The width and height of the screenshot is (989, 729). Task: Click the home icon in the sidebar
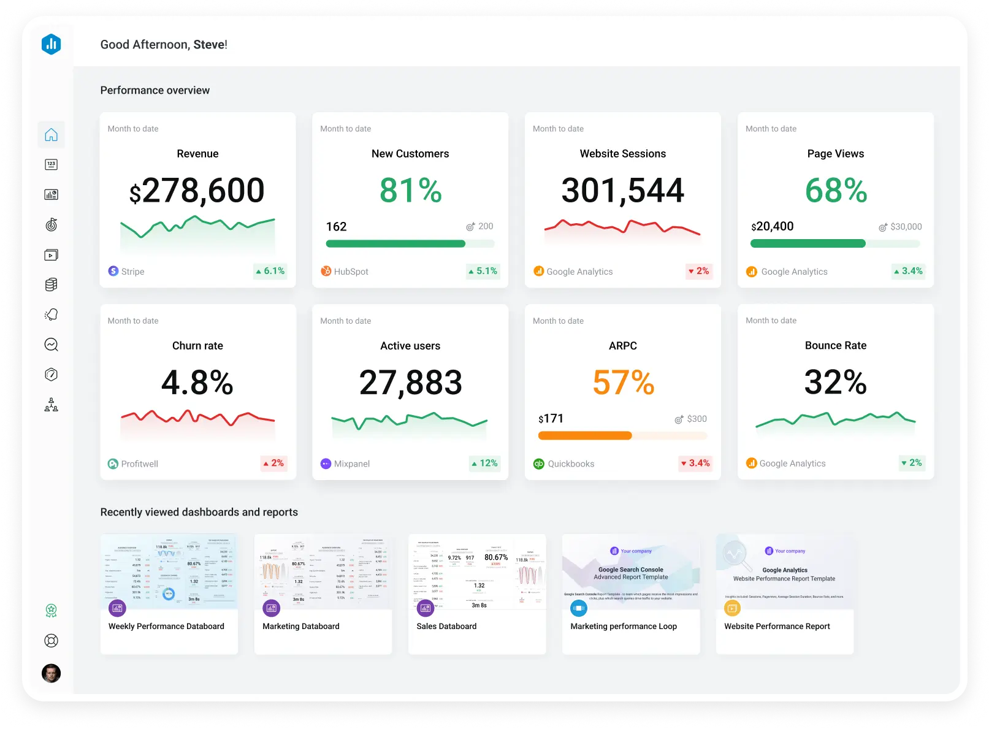(52, 135)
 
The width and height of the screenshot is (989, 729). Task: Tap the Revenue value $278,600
(197, 191)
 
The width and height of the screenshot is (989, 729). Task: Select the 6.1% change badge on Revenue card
(270, 271)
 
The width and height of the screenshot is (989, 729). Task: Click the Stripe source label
(132, 272)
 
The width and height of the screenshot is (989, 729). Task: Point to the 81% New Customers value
(410, 191)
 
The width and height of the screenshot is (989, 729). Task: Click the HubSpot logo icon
(326, 271)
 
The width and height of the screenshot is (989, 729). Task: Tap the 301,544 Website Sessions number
(622, 191)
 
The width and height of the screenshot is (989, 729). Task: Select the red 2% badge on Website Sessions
(698, 271)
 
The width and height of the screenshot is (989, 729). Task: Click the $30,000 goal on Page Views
(906, 227)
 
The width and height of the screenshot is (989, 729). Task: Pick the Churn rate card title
(197, 346)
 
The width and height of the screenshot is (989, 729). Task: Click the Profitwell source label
(139, 464)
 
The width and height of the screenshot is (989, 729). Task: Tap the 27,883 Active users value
(410, 383)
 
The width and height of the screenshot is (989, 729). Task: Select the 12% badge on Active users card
(484, 464)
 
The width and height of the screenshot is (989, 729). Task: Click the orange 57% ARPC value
(623, 383)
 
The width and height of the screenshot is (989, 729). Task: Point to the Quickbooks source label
(571, 464)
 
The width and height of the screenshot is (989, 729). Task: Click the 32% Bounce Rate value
(835, 383)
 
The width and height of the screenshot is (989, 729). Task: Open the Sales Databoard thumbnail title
(446, 627)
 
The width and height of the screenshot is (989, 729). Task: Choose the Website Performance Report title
(777, 627)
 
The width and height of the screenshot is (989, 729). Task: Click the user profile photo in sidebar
(52, 673)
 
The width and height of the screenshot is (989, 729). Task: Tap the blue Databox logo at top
(52, 44)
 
